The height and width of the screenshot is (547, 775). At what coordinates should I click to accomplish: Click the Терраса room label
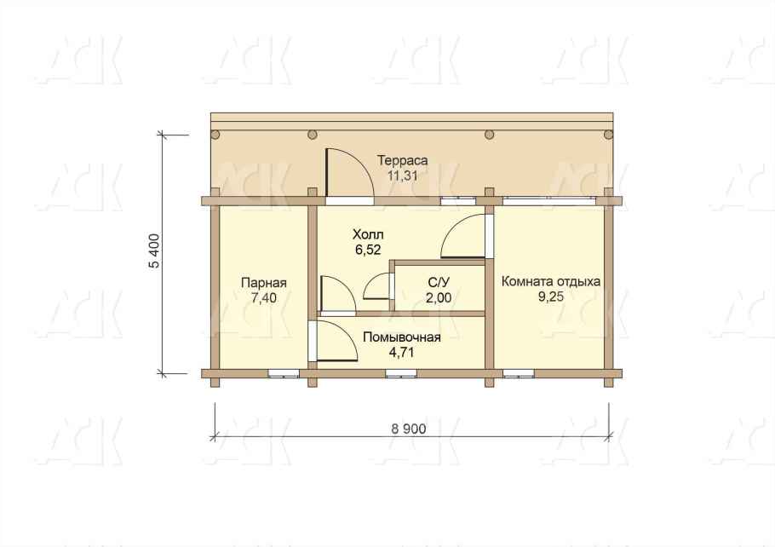click(x=402, y=161)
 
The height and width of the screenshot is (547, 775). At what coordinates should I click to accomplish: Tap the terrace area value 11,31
click(x=402, y=176)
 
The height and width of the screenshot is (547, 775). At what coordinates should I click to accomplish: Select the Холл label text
click(x=368, y=234)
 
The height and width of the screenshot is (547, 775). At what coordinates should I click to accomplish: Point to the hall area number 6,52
click(x=368, y=250)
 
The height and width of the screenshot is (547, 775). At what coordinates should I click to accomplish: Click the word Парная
click(x=264, y=283)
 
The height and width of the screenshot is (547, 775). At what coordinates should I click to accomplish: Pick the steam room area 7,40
click(x=264, y=297)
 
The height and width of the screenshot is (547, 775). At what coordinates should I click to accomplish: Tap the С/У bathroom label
click(x=439, y=282)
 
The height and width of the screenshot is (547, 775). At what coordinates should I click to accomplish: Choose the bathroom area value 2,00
click(x=439, y=297)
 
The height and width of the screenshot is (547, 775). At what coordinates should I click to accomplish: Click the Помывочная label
click(x=402, y=337)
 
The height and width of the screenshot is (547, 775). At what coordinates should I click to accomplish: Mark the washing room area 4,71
click(x=402, y=353)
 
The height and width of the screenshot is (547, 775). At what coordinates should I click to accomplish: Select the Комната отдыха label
click(x=551, y=281)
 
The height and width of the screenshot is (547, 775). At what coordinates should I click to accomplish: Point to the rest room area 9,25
click(x=551, y=297)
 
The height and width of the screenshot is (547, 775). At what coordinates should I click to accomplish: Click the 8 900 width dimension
click(x=408, y=429)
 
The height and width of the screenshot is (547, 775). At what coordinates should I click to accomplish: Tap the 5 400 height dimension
click(x=154, y=250)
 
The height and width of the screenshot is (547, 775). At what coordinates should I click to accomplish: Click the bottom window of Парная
click(x=284, y=373)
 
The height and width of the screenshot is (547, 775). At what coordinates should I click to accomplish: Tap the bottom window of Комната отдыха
click(x=519, y=373)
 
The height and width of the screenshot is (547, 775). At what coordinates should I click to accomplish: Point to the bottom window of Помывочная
click(x=401, y=373)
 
